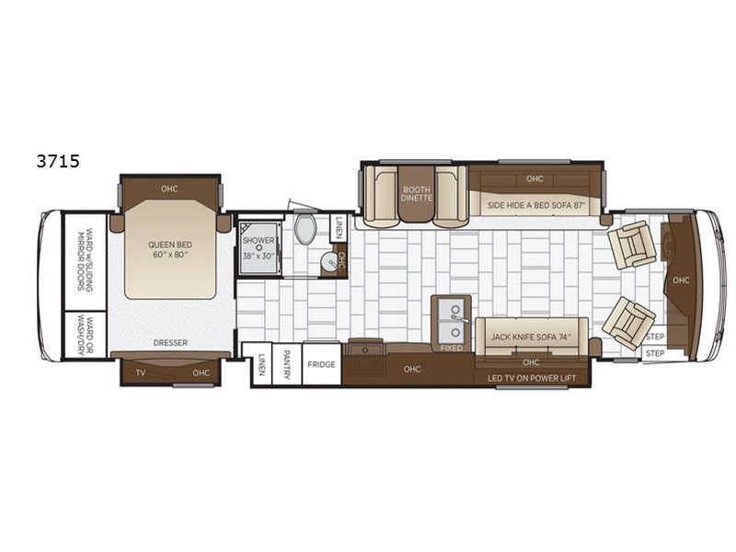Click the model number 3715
[58, 162]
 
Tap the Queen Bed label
[170, 245]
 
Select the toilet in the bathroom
[305, 228]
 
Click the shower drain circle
[259, 247]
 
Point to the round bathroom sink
[330, 261]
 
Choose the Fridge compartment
[321, 364]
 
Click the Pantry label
[286, 364]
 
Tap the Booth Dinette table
[417, 194]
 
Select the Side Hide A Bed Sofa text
[537, 205]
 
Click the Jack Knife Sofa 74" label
[531, 337]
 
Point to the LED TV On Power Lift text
[532, 378]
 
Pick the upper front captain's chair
[631, 245]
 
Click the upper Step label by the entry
[655, 337]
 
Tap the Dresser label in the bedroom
[170, 342]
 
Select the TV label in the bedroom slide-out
[141, 374]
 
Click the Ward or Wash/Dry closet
[86, 335]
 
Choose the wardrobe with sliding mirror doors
[86, 261]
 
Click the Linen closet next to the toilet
[339, 227]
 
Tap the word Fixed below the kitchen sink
[451, 348]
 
